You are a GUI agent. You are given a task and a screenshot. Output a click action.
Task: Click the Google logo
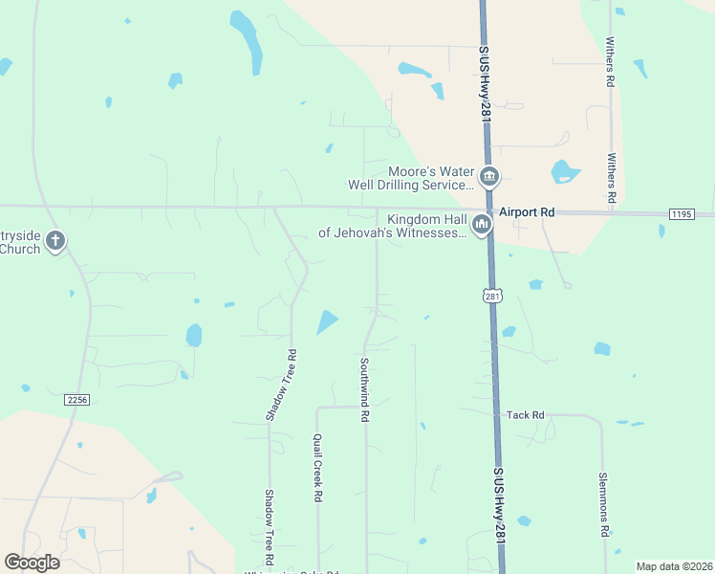point(32,563)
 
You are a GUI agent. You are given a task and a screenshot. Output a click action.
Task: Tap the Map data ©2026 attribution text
point(675,566)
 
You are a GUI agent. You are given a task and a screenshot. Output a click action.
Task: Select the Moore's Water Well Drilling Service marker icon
point(489,177)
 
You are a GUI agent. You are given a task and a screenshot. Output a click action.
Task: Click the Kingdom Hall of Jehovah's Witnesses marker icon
point(480,225)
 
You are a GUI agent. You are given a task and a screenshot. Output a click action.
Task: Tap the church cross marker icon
point(55,240)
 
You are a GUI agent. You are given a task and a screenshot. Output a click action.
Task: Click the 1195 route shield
point(682,214)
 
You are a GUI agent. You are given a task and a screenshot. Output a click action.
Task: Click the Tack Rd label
point(525,415)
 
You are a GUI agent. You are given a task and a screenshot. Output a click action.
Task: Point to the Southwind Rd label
point(364,390)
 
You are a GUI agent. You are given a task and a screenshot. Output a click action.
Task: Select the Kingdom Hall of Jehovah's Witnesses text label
point(392,226)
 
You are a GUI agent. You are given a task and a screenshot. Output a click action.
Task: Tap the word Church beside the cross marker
point(19,249)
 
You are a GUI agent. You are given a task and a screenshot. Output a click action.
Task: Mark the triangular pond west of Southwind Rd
point(328,321)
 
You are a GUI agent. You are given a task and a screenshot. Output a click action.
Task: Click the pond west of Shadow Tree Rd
point(194,335)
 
